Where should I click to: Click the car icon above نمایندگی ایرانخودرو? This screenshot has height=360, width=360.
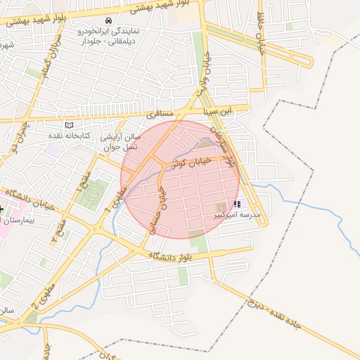[x=108, y=20]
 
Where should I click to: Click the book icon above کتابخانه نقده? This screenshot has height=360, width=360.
[x=68, y=124]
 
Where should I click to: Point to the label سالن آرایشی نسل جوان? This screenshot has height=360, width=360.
[x=122, y=141]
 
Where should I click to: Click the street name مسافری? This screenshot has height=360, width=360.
[x=161, y=113]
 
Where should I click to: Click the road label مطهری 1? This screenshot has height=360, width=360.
[x=116, y=201]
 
